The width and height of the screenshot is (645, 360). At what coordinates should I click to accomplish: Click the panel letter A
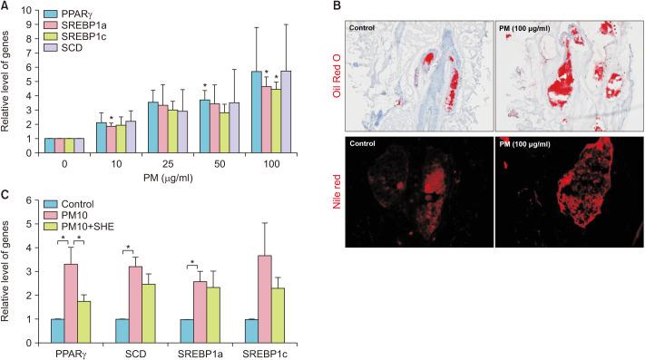tap(5, 7)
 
